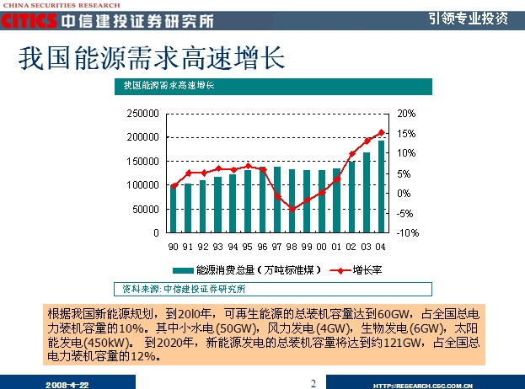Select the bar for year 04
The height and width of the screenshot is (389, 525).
point(381,186)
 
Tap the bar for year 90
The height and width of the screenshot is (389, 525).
point(174,209)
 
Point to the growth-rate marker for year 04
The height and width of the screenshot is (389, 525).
point(381,132)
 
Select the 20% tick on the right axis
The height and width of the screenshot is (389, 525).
point(406,113)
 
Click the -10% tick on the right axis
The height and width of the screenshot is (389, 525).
point(405,232)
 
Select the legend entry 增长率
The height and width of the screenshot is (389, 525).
point(358,270)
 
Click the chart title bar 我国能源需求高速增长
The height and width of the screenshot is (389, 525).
point(169,86)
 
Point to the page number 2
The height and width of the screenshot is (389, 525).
point(313,383)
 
